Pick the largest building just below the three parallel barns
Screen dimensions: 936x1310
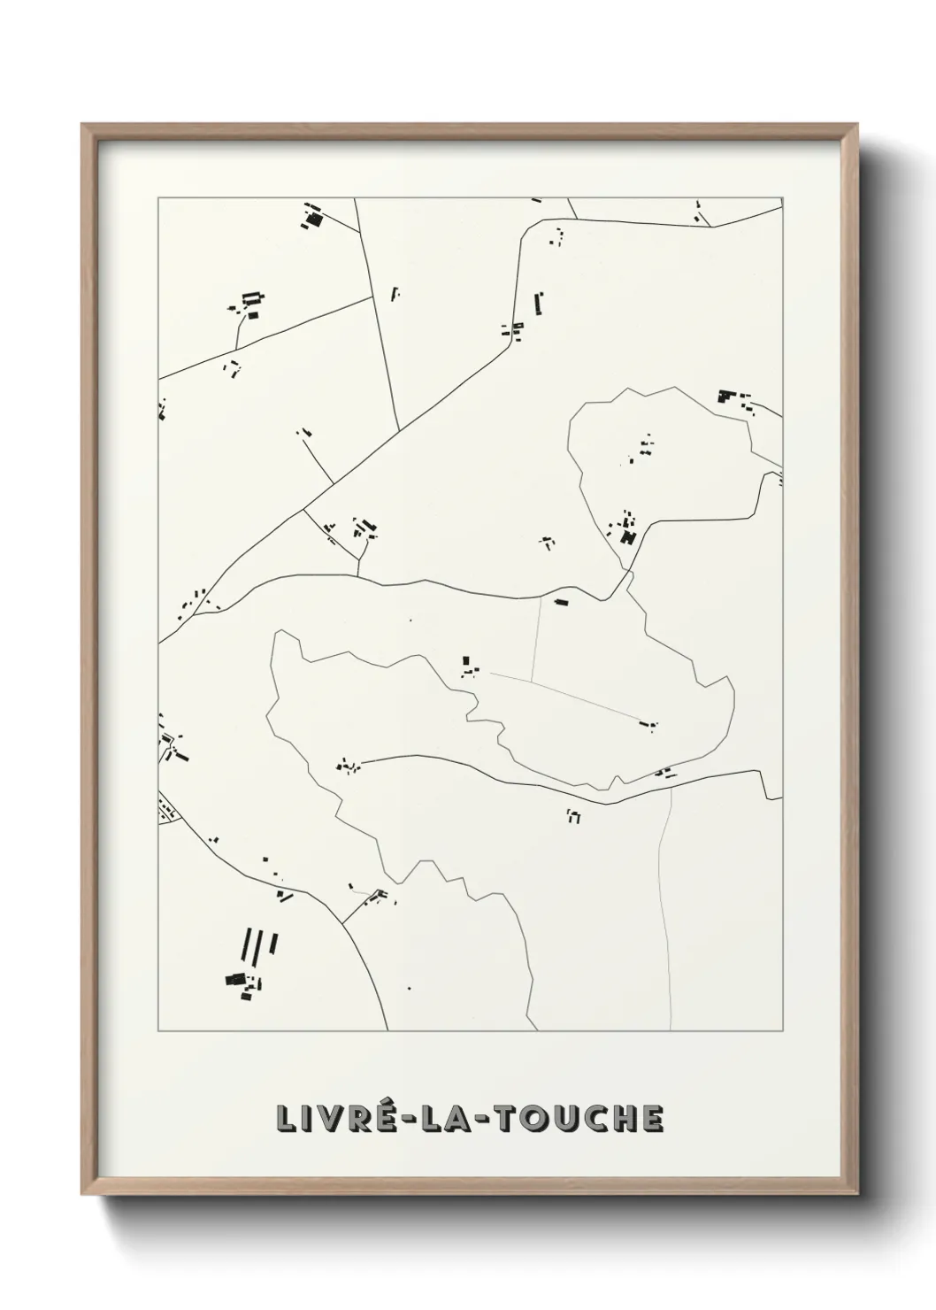click(235, 980)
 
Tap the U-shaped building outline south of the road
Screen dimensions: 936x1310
click(573, 816)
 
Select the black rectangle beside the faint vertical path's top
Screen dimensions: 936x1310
click(560, 602)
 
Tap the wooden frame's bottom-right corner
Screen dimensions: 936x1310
click(856, 1197)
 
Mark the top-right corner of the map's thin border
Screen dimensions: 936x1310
click(782, 198)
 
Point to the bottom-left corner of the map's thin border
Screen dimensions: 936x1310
click(158, 1031)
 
